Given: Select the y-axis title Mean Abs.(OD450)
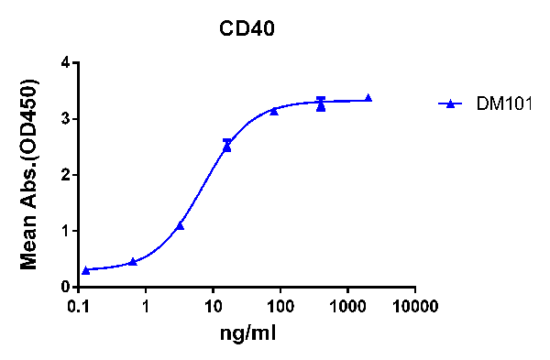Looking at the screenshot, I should (x=29, y=174).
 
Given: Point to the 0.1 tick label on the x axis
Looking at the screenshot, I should (x=79, y=304).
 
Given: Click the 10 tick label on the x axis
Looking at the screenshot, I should (x=213, y=304).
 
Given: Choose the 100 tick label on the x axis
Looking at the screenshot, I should (x=280, y=304).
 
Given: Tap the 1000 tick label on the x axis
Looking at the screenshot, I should (x=347, y=304).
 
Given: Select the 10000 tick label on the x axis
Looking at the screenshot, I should (x=414, y=304).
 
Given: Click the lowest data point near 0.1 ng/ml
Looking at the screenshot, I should (x=86, y=270).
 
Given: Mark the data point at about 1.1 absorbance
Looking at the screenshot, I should (x=181, y=225).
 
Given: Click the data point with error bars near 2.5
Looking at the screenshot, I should (x=227, y=145).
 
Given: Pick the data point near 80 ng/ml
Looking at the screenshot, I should (x=274, y=111).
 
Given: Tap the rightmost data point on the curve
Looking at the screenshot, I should (x=368, y=98).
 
